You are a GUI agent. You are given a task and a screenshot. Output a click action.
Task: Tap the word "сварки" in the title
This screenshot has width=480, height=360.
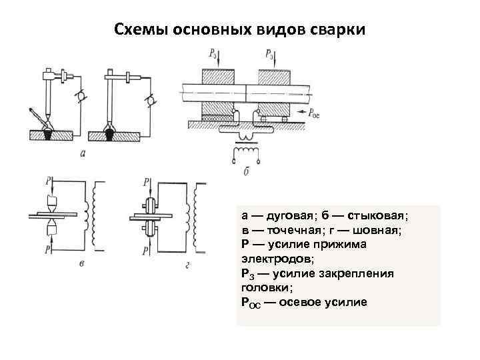point(337,31)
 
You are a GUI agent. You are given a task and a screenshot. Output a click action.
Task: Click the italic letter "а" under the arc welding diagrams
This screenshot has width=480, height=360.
point(82,153)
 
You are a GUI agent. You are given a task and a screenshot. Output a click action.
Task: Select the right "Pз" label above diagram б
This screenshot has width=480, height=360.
point(269,53)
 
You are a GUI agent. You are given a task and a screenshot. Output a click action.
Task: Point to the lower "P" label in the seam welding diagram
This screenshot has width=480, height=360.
point(145,251)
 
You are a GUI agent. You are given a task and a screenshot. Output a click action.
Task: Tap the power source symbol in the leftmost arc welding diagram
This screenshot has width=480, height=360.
point(81,97)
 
